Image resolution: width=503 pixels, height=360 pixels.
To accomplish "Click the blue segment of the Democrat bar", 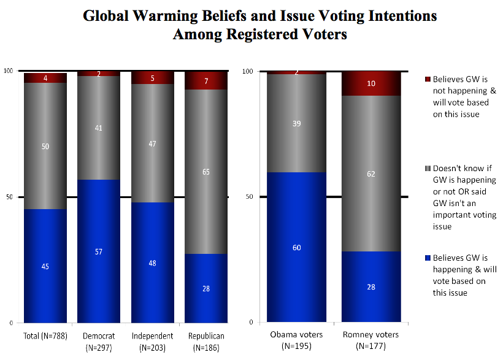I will coord(98,251).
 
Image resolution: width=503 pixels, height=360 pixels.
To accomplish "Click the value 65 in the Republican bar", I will coord(205,172).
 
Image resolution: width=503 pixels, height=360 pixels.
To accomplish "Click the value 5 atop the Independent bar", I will coord(152,78).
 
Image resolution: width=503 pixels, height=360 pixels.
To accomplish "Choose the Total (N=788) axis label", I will coord(44,335).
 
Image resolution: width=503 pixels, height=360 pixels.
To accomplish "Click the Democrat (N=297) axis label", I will coord(98,340).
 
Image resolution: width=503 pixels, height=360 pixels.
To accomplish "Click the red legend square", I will coord(428,79).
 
